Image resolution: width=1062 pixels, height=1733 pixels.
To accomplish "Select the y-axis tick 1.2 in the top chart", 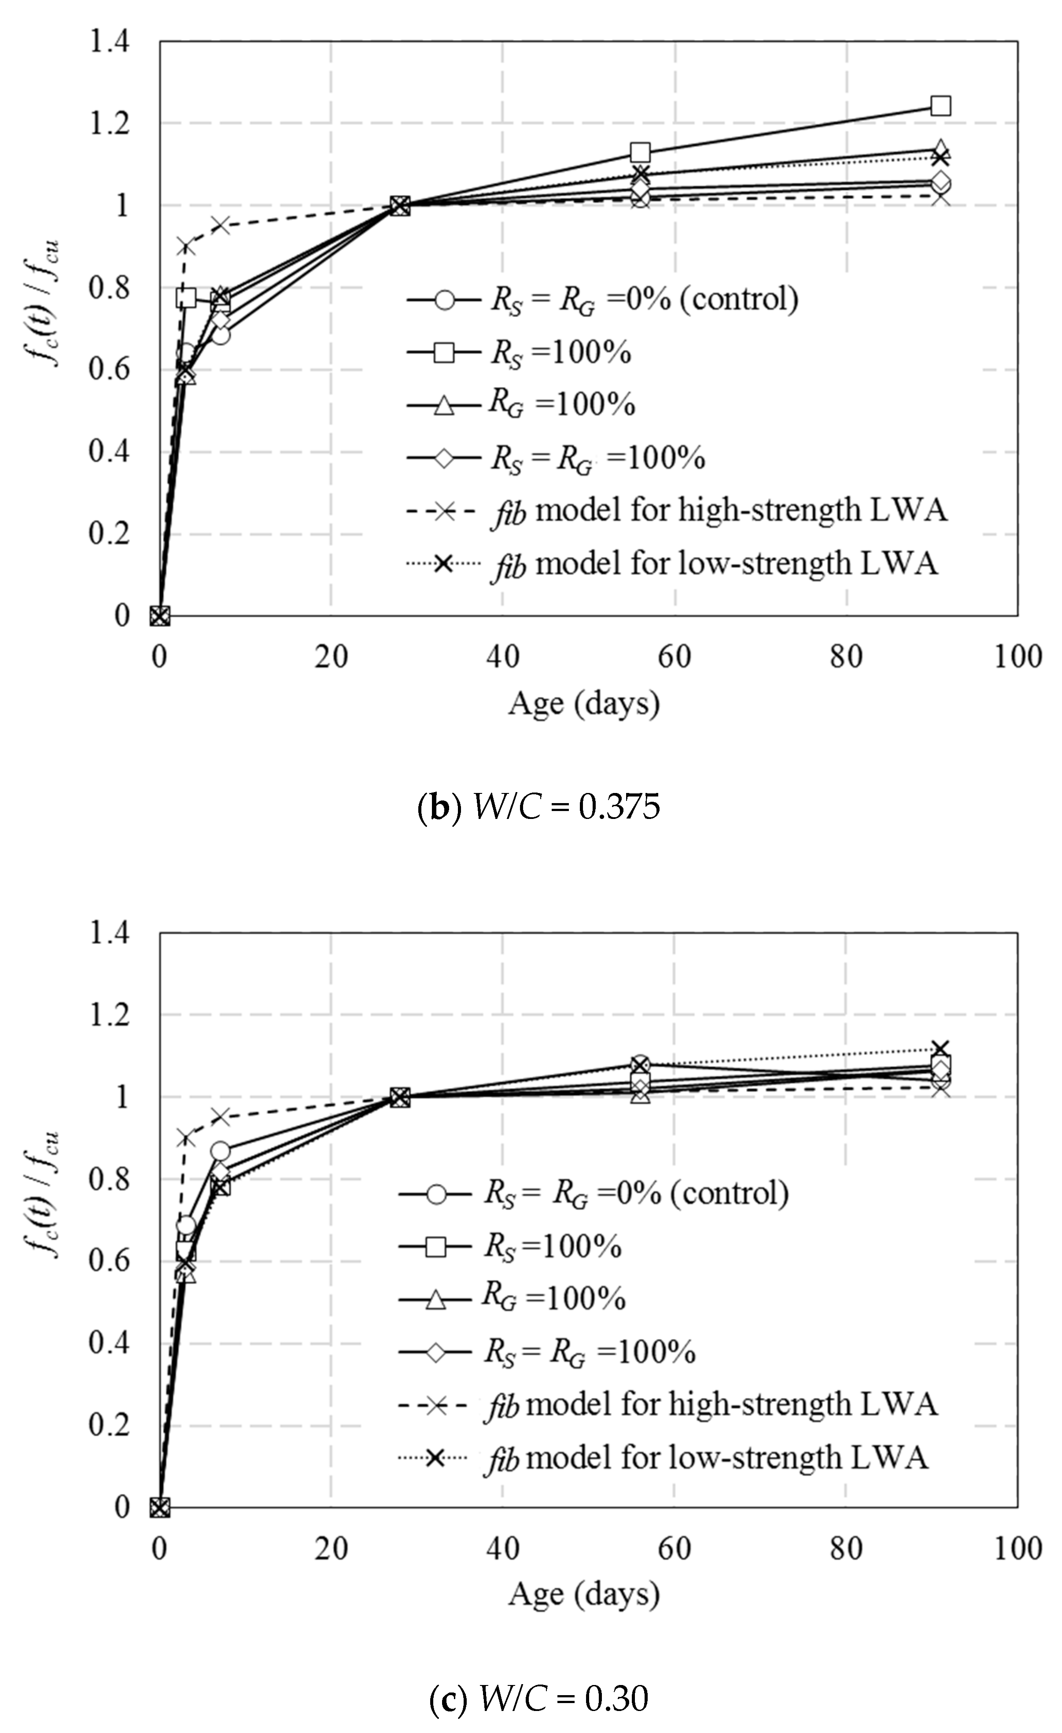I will point(109,124).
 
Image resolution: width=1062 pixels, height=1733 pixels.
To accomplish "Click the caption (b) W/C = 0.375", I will point(539,808).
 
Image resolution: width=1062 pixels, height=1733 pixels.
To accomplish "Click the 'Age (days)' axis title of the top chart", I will point(584,703).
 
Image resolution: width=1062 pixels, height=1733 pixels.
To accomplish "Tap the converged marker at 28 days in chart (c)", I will point(399,1097).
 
